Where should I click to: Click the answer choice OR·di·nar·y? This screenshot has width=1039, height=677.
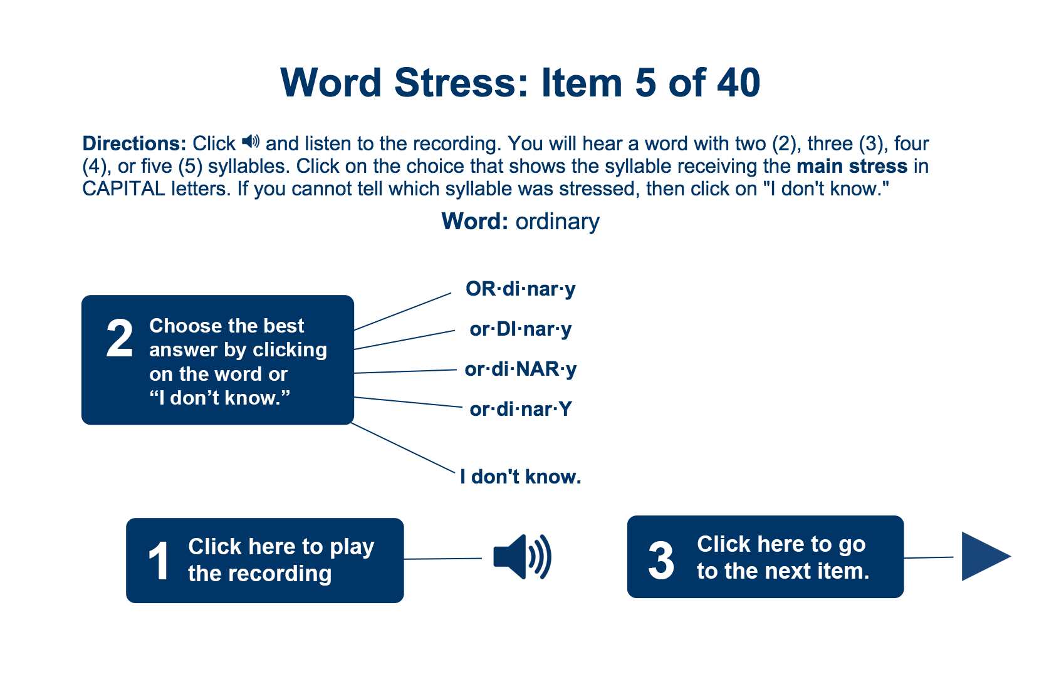pyautogui.click(x=520, y=289)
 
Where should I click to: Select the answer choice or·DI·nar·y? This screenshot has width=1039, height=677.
pyautogui.click(x=520, y=329)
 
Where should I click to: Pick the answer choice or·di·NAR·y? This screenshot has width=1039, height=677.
pyautogui.click(x=520, y=370)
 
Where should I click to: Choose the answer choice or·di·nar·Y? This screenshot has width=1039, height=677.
pyautogui.click(x=520, y=410)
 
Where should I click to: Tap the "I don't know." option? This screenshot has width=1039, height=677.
pyautogui.click(x=520, y=477)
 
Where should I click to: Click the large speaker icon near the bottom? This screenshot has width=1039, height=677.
pyautogui.click(x=522, y=557)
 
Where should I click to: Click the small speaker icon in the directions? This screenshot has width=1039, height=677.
pyautogui.click(x=251, y=142)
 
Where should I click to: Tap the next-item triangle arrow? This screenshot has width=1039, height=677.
pyautogui.click(x=986, y=556)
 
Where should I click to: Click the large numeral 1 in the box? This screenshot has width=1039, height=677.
pyautogui.click(x=159, y=561)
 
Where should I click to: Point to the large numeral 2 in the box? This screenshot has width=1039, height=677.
pyautogui.click(x=119, y=338)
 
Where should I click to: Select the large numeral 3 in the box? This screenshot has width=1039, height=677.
pyautogui.click(x=661, y=561)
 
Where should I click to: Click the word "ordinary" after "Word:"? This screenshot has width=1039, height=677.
pyautogui.click(x=558, y=222)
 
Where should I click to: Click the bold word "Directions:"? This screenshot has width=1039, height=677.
pyautogui.click(x=134, y=144)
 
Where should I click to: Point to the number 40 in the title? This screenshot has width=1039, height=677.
pyautogui.click(x=738, y=83)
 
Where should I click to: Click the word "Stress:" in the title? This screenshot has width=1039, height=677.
pyautogui.click(x=461, y=83)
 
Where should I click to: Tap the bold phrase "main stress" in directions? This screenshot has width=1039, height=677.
pyautogui.click(x=852, y=167)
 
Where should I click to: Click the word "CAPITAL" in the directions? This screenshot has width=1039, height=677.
pyautogui.click(x=123, y=189)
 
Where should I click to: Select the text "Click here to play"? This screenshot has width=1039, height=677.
pyautogui.click(x=281, y=547)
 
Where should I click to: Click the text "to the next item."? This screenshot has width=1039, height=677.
pyautogui.click(x=783, y=571)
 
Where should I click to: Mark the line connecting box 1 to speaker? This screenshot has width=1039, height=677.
pyautogui.click(x=443, y=559)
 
